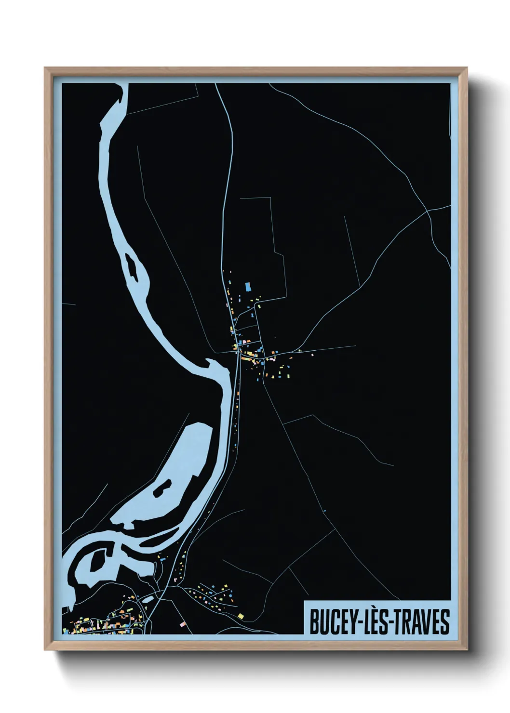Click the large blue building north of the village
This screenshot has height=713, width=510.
tap(248, 287)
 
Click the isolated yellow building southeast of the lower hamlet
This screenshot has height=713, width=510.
tap(240, 615)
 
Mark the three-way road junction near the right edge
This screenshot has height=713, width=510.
tap(428, 211)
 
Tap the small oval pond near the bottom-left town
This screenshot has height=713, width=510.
tap(148, 598)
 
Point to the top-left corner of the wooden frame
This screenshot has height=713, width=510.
tap(45, 68)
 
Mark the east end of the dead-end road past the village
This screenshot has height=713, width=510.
tap(355, 345)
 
